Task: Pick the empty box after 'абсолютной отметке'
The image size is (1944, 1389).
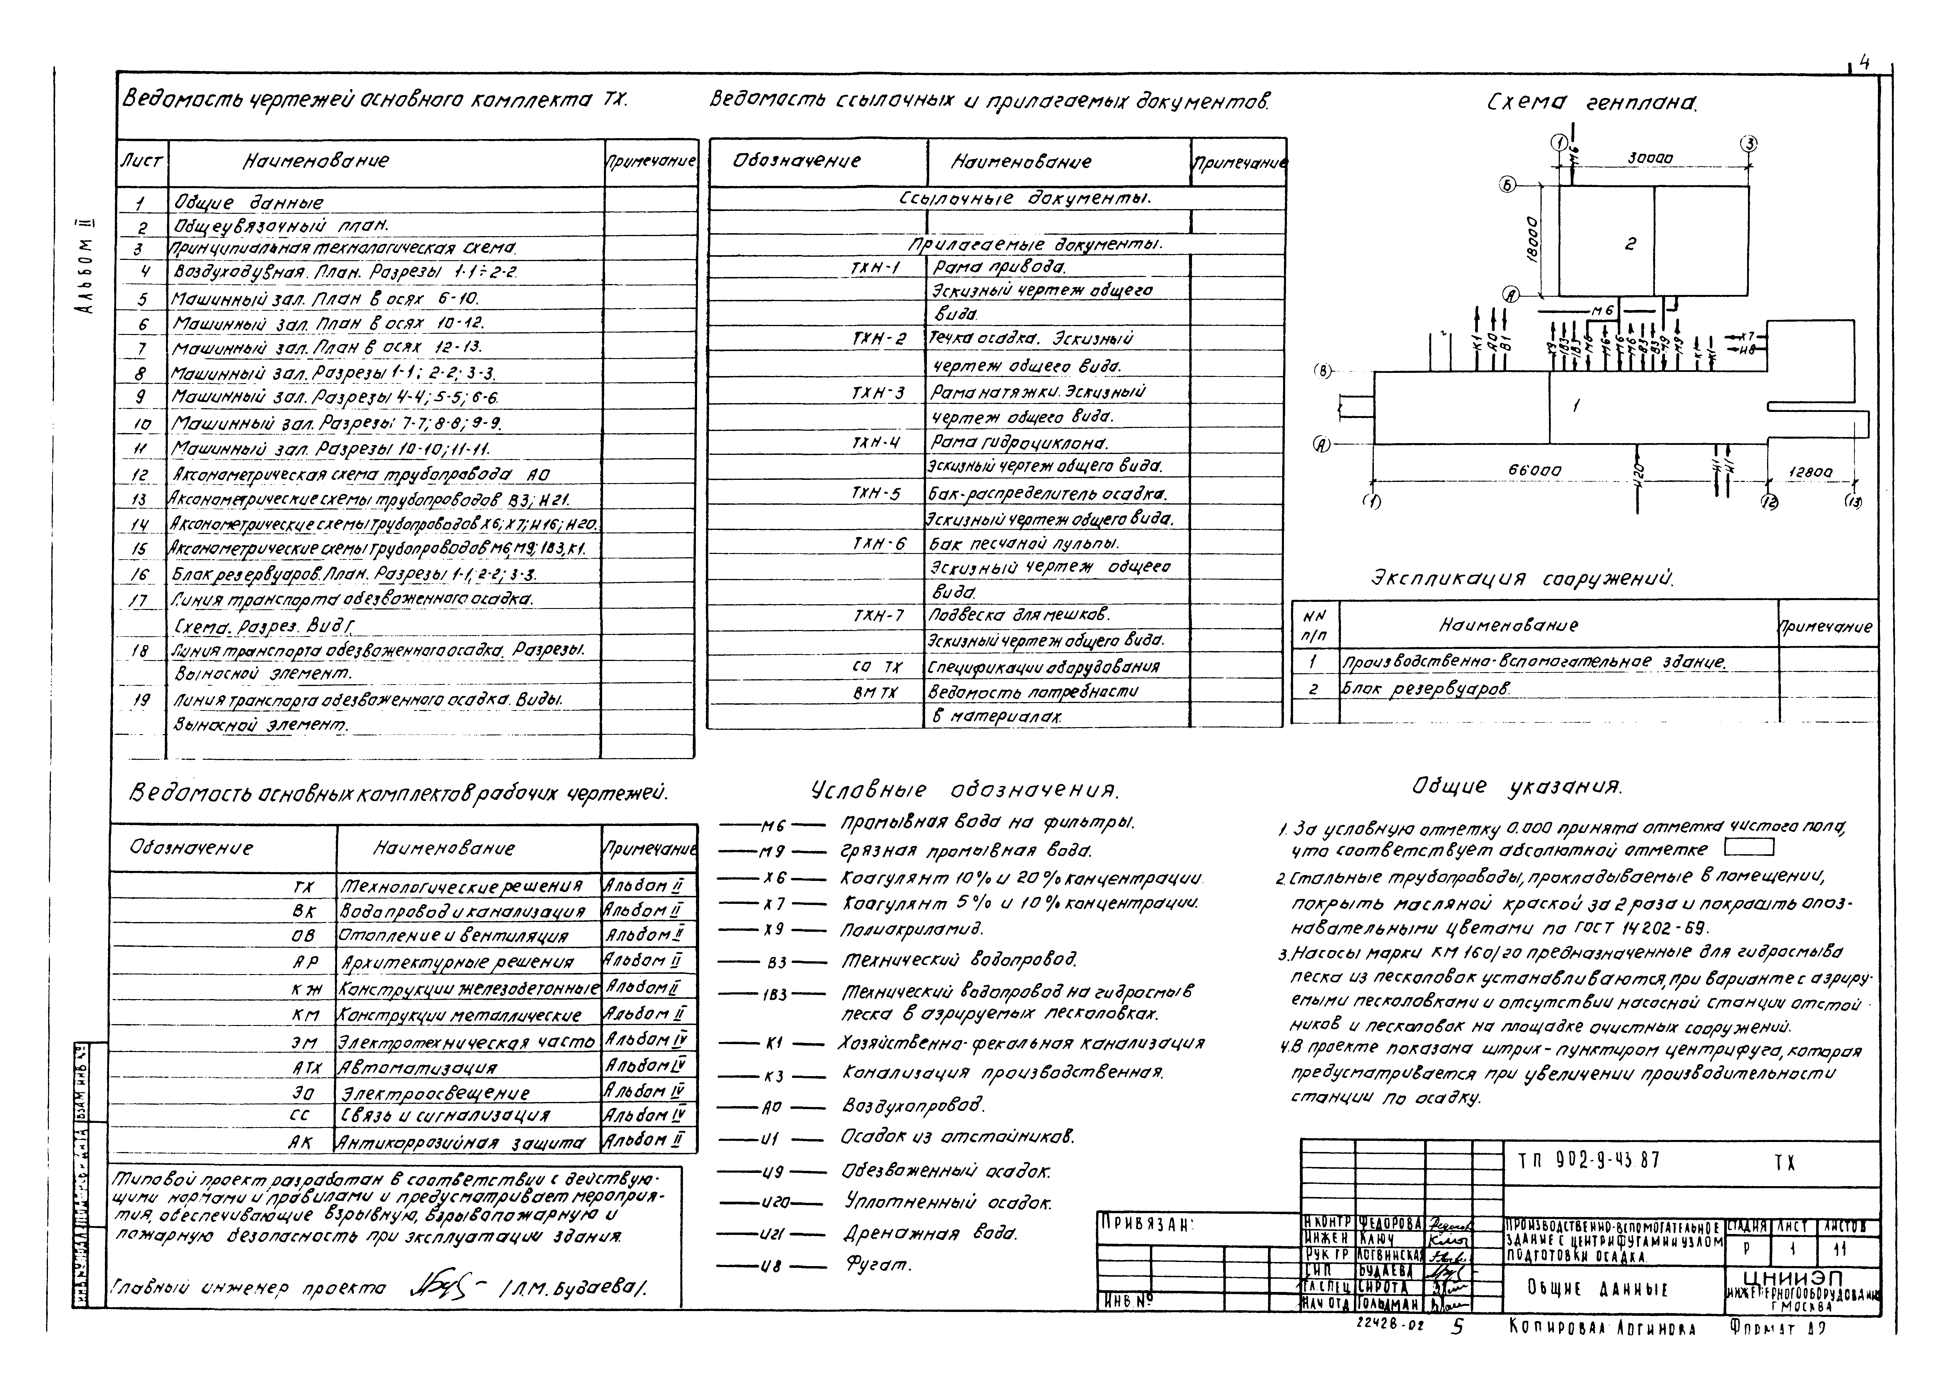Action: (x=1749, y=848)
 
